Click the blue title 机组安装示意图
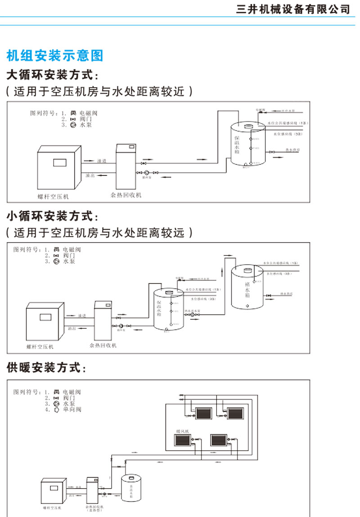[55, 55]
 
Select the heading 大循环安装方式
[52, 74]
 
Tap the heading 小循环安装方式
[52, 216]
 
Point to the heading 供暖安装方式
[45, 369]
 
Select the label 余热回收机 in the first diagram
[126, 195]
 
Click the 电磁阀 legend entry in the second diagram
[67, 249]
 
